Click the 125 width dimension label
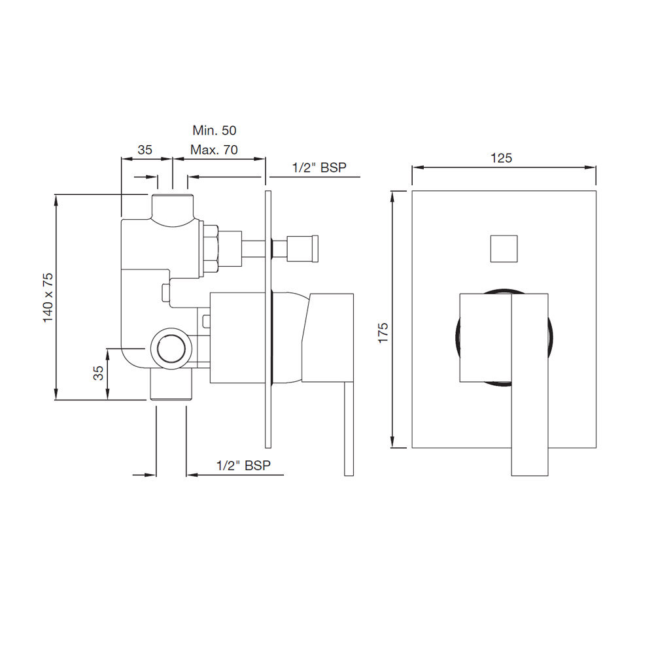(501, 158)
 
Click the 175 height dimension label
(383, 333)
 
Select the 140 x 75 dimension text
(48, 298)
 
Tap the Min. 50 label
(215, 131)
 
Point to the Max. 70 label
(214, 150)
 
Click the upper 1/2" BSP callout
(319, 167)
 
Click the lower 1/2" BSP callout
(243, 466)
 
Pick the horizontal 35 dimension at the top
(145, 150)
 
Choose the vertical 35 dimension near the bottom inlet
(98, 373)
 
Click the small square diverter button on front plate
(504, 249)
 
